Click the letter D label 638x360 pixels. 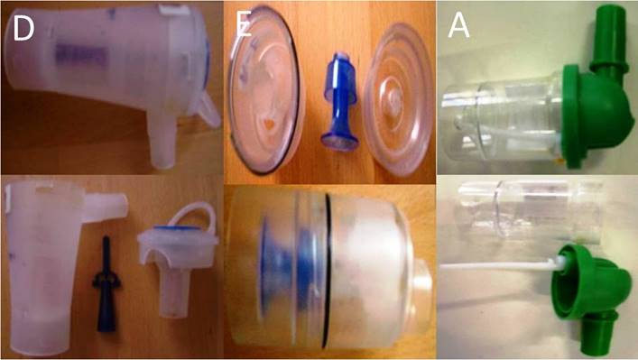[x=23, y=29]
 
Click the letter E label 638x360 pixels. [x=244, y=25]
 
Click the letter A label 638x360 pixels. [x=458, y=26]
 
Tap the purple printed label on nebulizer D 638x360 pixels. [x=79, y=55]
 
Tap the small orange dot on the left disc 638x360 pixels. [x=267, y=123]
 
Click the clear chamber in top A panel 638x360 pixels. [x=504, y=121]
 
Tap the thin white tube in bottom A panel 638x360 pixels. [x=502, y=265]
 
